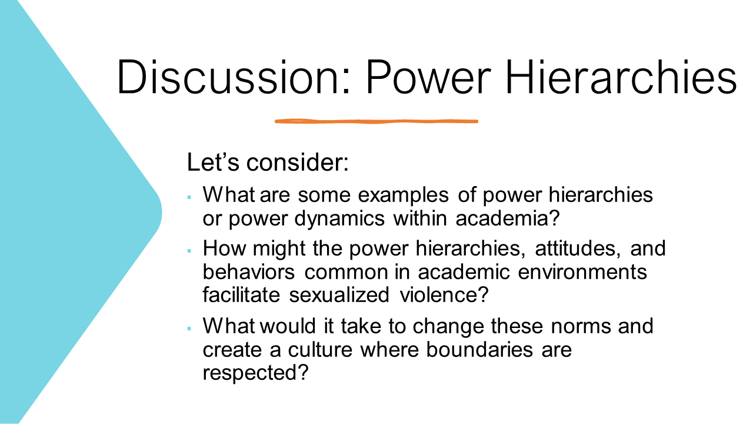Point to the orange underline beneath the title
click(376, 121)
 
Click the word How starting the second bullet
click(222, 248)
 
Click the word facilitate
click(242, 294)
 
